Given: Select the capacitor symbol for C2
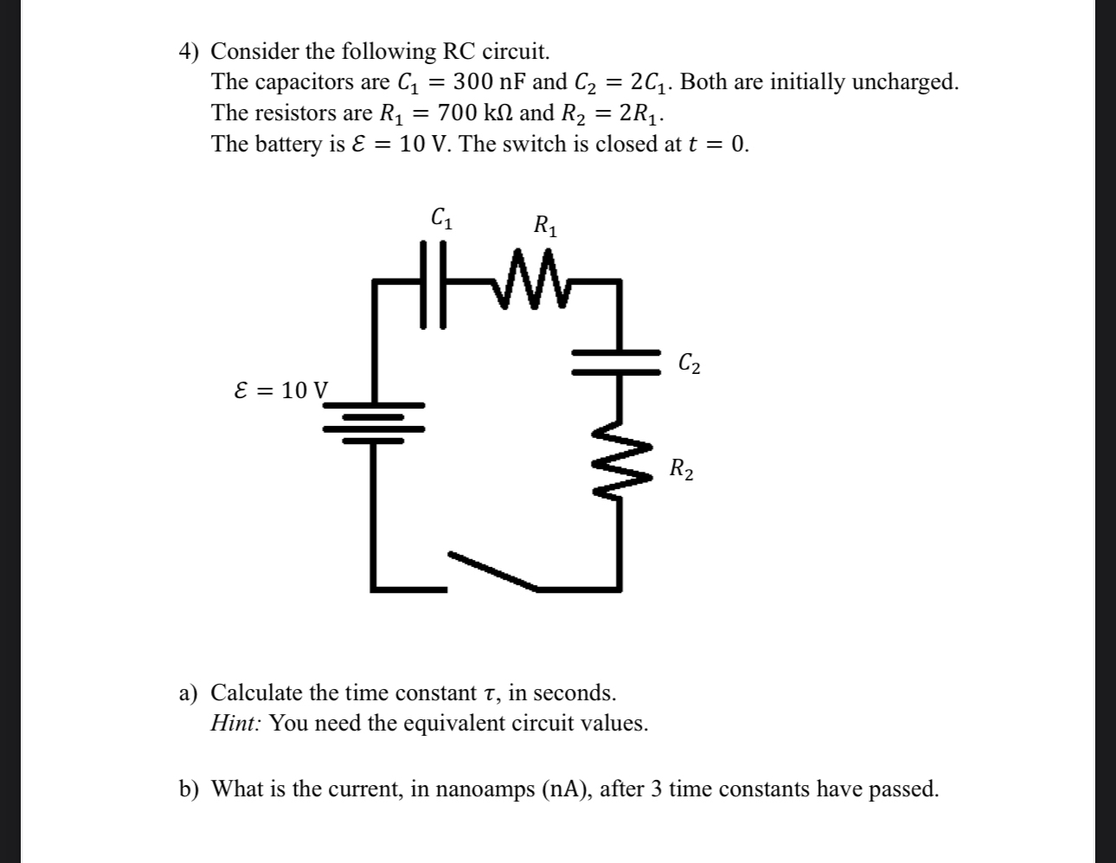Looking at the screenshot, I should point(619,361).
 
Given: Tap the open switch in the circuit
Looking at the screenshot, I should point(492,570).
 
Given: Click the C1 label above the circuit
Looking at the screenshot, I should point(441,217).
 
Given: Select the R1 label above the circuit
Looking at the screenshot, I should point(546,227).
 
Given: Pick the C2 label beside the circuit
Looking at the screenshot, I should point(689,364).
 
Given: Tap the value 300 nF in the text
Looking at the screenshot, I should point(490,82).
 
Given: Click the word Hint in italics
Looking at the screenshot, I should point(235,724).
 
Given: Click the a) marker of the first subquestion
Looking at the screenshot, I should point(189,693).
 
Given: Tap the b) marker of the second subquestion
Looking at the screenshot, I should point(189,789).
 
